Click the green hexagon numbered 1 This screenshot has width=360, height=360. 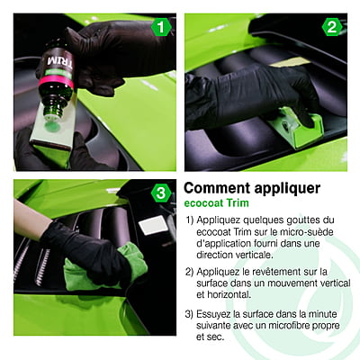tap(161, 28)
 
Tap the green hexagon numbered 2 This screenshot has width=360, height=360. tap(332, 27)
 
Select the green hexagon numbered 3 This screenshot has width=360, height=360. tap(161, 193)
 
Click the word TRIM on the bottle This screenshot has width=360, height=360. tap(60, 61)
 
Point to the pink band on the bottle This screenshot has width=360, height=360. tap(56, 82)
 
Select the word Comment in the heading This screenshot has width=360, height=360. tap(217, 188)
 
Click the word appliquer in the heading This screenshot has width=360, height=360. tap(287, 189)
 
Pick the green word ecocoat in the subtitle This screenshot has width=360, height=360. tap(203, 203)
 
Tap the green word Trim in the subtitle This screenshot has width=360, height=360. tap(238, 203)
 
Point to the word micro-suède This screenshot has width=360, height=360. tap(307, 232)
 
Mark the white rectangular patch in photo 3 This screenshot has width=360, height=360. tap(153, 225)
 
